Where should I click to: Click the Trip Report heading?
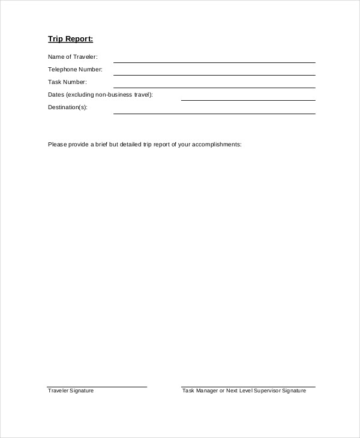click(x=70, y=40)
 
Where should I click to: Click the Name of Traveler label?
click(x=73, y=57)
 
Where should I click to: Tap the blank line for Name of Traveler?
click(x=214, y=62)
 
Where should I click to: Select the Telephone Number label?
click(x=75, y=70)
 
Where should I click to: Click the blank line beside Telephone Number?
click(x=214, y=74)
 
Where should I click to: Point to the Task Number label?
click(x=67, y=82)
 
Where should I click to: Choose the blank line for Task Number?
click(x=214, y=87)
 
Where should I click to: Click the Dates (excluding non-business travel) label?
click(x=100, y=95)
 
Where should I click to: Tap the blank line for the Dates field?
click(x=248, y=100)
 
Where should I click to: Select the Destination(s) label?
click(x=67, y=107)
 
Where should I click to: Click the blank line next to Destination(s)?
click(x=214, y=113)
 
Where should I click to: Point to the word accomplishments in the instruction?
click(x=217, y=145)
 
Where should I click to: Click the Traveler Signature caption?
click(x=71, y=391)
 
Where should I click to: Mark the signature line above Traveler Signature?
click(x=97, y=387)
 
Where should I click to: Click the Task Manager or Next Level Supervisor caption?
click(x=244, y=391)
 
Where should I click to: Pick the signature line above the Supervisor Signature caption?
click(x=248, y=387)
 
